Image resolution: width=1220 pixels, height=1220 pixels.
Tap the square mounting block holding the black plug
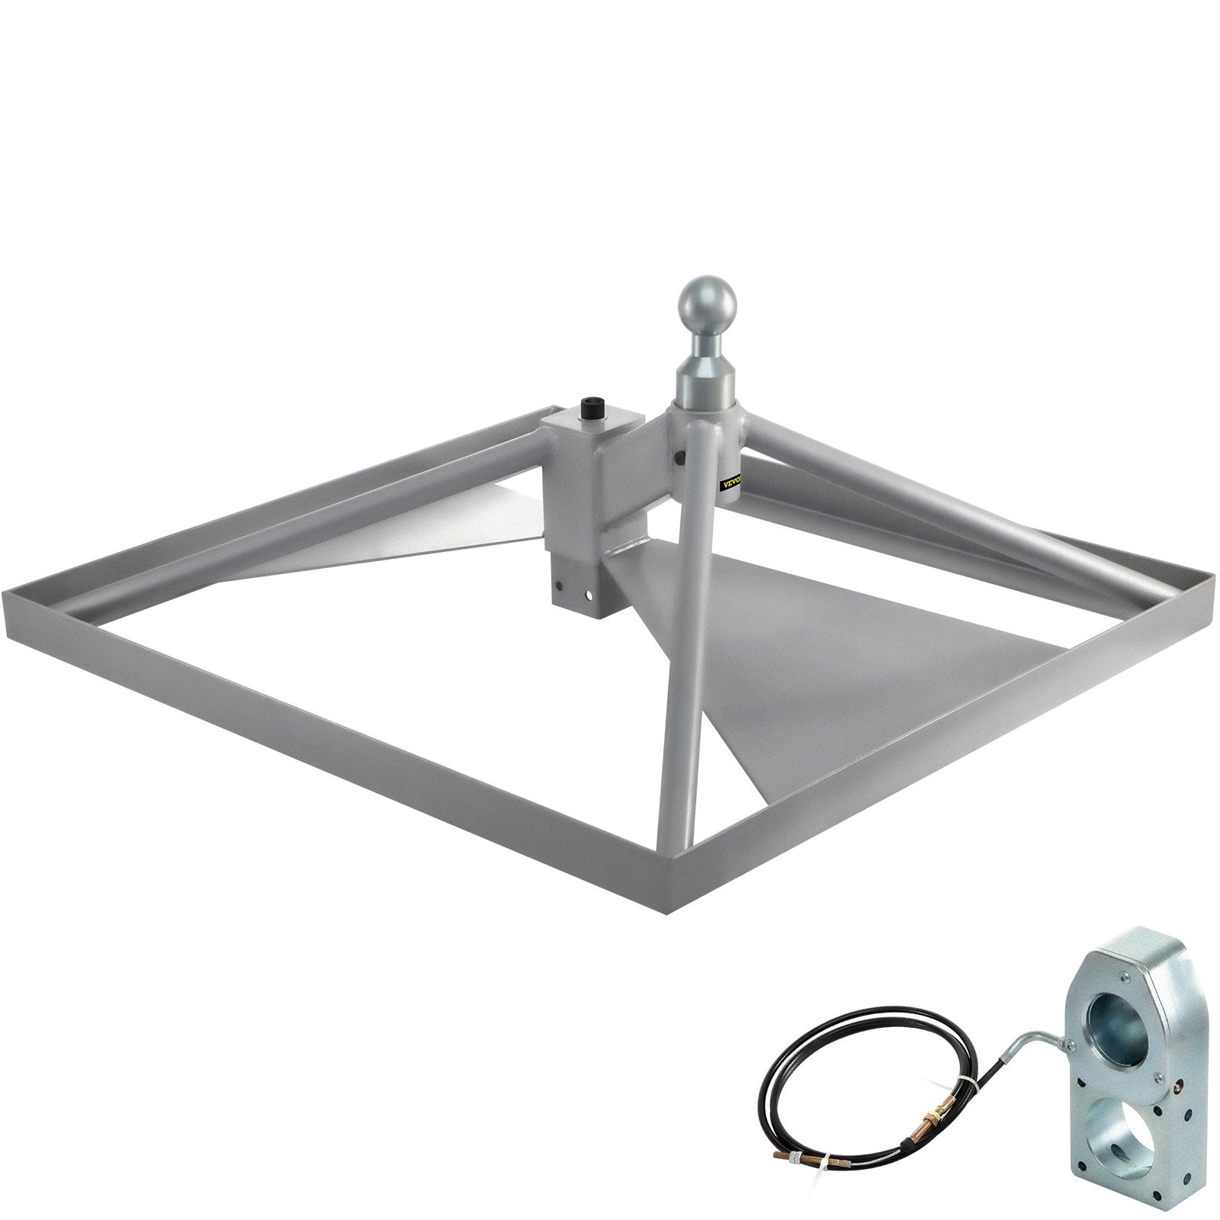point(593,465)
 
